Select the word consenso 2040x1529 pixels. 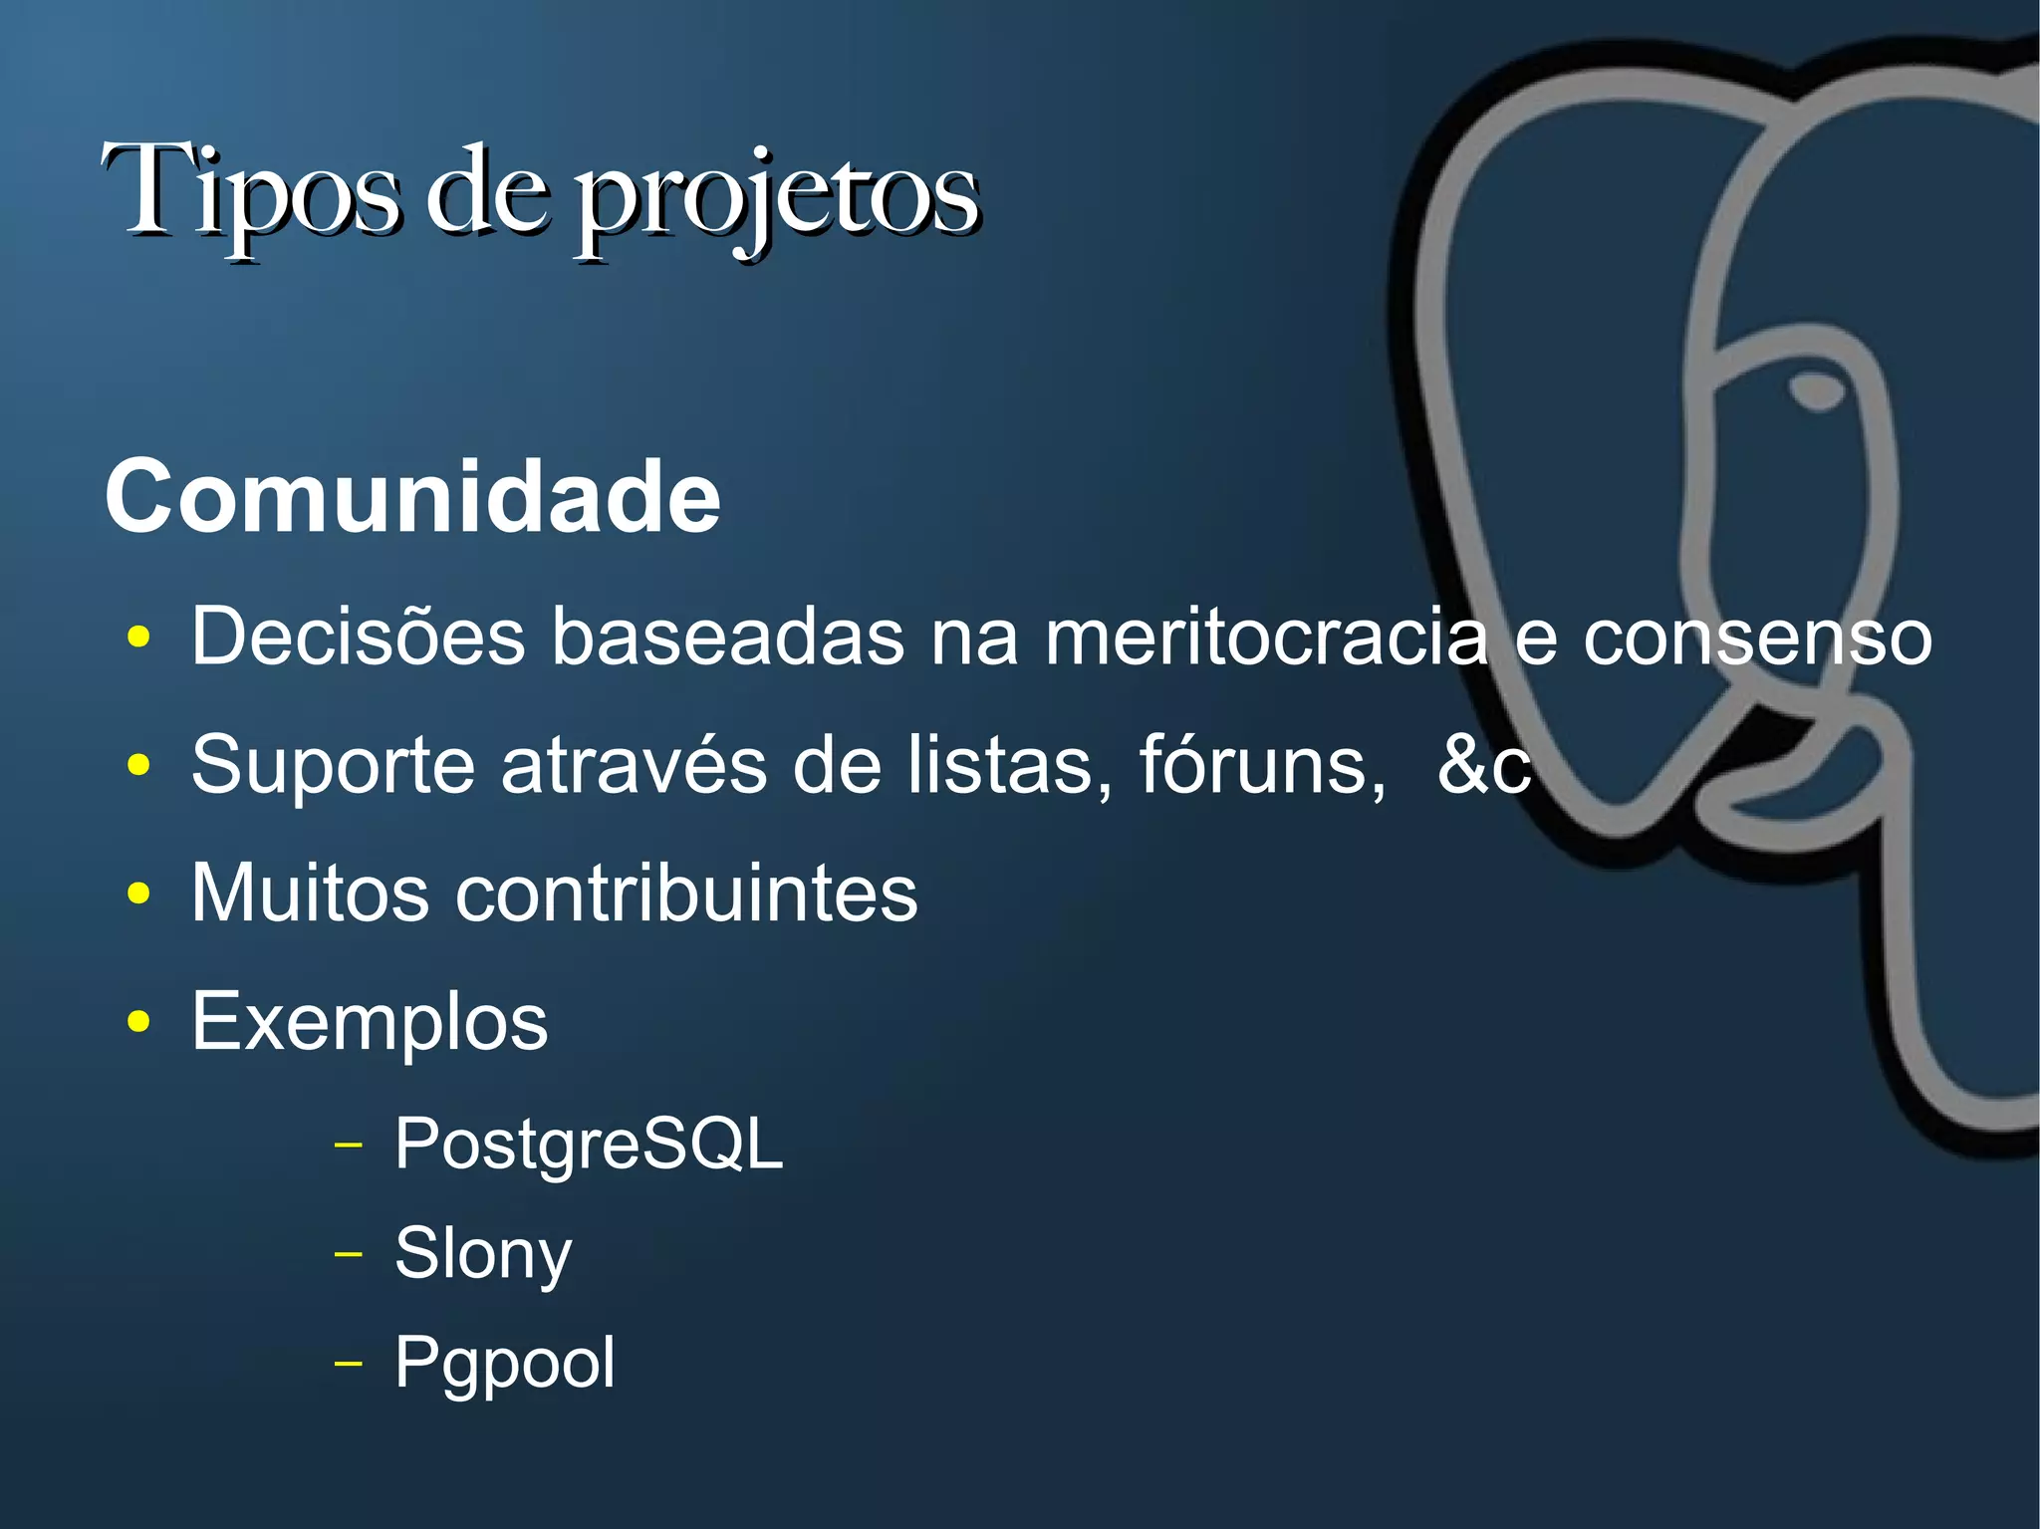tap(1757, 637)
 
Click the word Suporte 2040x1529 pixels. tap(333, 765)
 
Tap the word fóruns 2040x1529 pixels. tap(1261, 764)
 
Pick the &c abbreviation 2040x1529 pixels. tap(1483, 765)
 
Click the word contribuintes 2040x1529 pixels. tap(686, 892)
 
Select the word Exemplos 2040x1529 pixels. tap(370, 1022)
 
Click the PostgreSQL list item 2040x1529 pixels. tap(589, 1144)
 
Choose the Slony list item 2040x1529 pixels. tap(483, 1253)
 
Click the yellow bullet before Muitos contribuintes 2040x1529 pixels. tap(139, 893)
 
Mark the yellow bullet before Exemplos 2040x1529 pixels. tap(139, 1022)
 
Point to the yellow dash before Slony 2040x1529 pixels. tap(348, 1253)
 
